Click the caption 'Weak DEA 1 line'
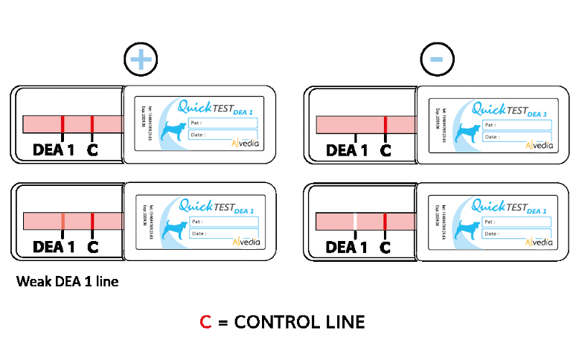67,282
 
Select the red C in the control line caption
206,322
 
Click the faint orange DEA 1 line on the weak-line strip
63,221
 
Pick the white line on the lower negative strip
356,222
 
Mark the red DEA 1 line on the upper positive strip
63,123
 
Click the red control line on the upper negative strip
385,123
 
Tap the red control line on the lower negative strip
385,222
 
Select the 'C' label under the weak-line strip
92,246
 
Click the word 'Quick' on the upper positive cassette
196,106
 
